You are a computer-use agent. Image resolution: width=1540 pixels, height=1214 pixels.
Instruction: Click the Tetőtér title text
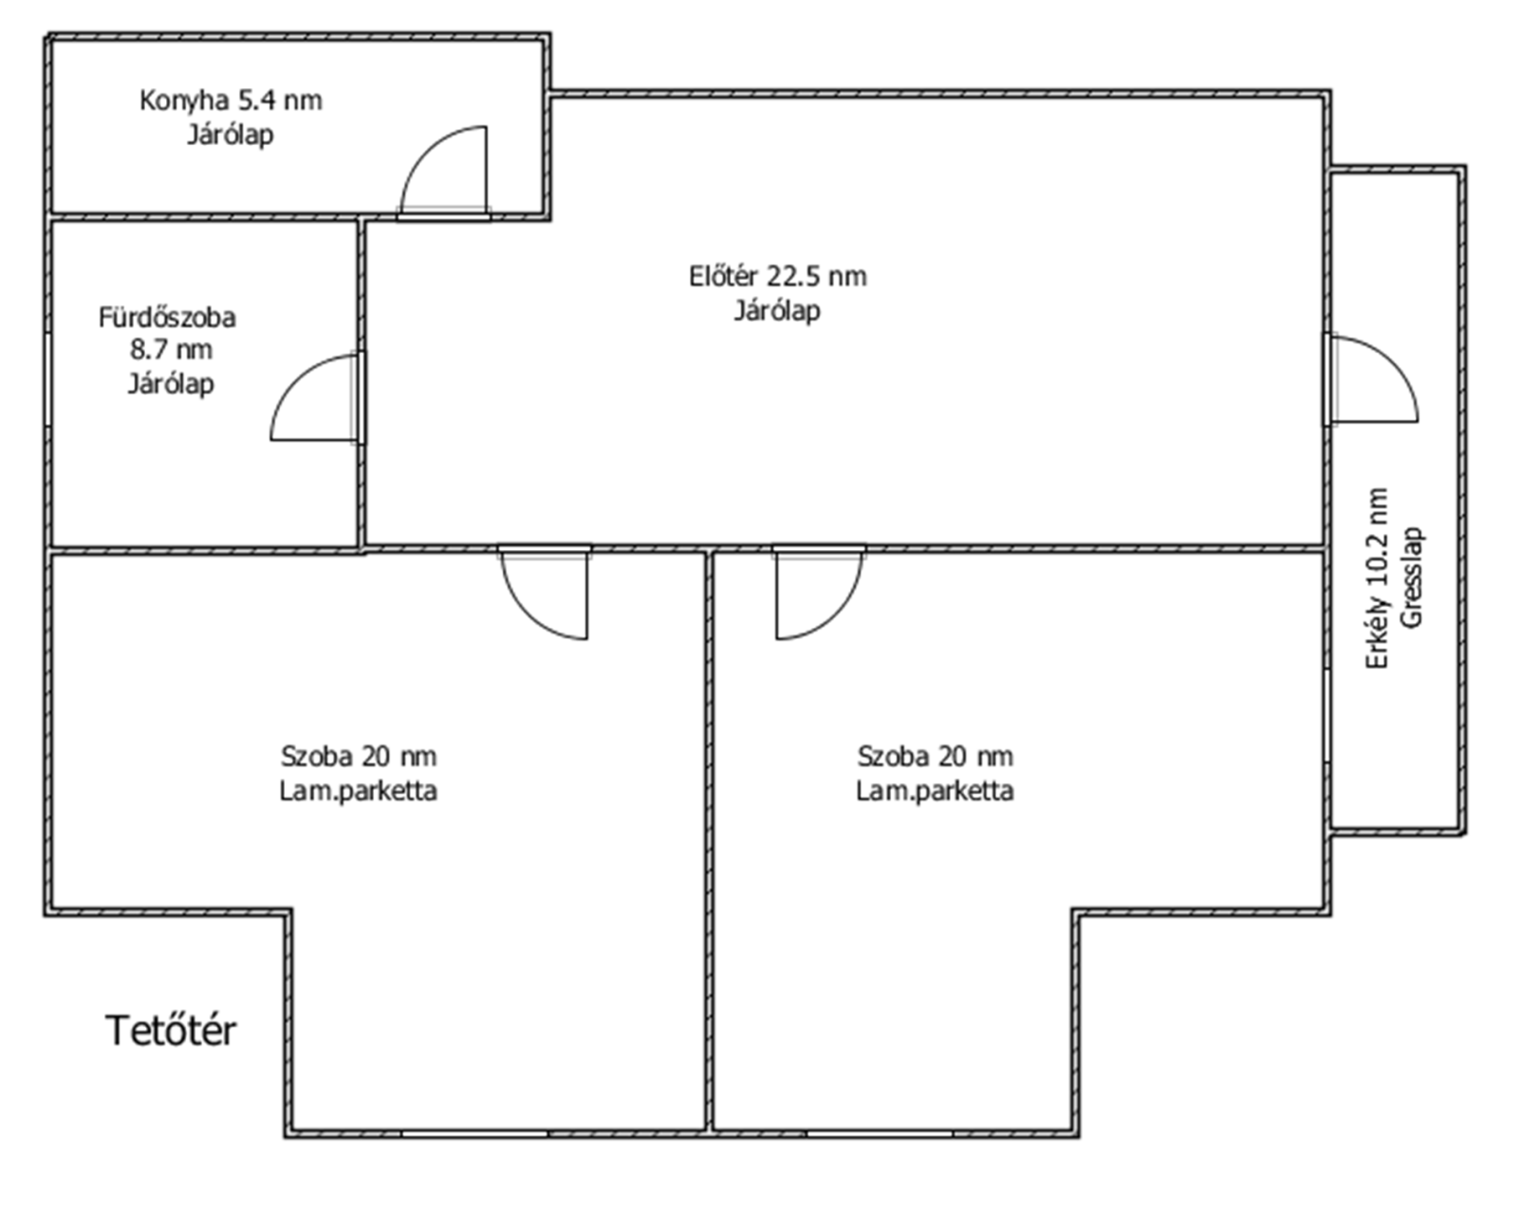[x=171, y=1031]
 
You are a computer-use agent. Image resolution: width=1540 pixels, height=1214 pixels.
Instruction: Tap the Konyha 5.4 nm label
[x=231, y=101]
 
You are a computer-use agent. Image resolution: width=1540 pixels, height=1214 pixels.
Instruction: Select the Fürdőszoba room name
[x=167, y=317]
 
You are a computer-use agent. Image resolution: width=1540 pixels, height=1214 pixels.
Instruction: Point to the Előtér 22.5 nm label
[x=778, y=276]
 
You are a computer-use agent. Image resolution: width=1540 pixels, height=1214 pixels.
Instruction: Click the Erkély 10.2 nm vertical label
[x=1376, y=579]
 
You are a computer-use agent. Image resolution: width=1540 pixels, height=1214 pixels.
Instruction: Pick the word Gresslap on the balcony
[x=1411, y=578]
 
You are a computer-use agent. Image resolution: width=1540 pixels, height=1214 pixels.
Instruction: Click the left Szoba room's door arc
[x=531, y=613]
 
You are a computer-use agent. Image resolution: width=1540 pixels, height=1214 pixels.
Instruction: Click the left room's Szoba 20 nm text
[x=359, y=756]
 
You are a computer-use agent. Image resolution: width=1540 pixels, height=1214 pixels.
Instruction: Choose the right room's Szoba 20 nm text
[x=936, y=756]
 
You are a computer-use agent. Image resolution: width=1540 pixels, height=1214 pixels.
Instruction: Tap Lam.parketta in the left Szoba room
[x=359, y=791]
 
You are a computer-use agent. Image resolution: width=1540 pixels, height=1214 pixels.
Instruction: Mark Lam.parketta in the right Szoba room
[x=936, y=791]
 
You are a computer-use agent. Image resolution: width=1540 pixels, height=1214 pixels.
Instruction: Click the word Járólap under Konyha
[x=231, y=136]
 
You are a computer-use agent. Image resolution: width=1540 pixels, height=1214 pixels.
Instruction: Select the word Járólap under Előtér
[x=777, y=311]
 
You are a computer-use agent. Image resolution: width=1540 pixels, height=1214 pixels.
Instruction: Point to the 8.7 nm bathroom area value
[x=171, y=350]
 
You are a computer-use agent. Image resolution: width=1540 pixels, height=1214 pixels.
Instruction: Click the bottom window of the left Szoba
[x=474, y=1134]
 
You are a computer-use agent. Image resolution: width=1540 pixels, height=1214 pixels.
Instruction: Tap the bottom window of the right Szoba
[x=880, y=1134]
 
